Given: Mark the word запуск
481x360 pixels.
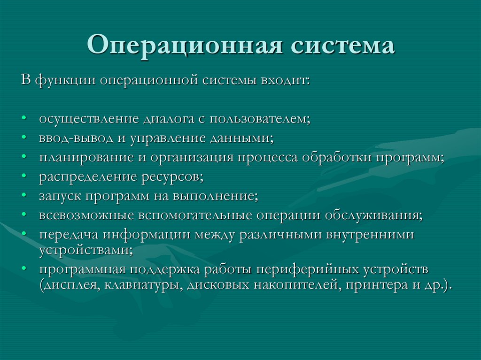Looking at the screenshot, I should pos(60,195).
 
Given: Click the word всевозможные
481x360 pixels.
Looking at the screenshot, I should pos(86,214).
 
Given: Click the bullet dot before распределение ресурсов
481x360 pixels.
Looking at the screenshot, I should pos(23,176).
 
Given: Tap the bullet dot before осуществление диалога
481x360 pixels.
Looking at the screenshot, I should pos(23,119).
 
